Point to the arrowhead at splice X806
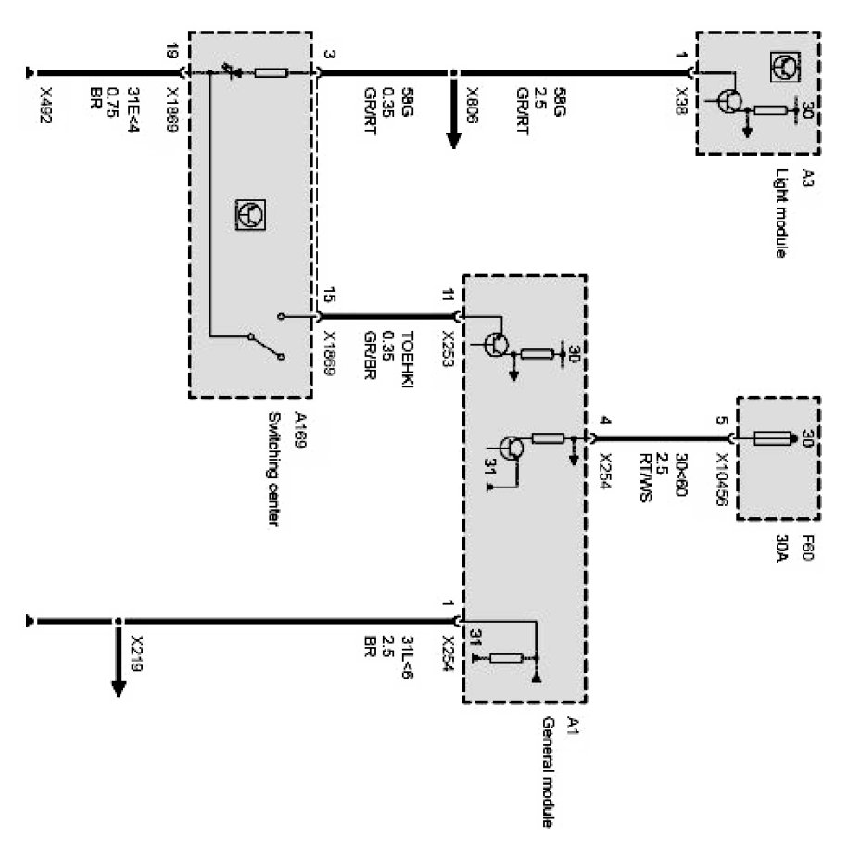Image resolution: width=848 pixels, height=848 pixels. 453,140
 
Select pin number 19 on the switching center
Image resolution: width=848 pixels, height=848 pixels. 171,54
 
